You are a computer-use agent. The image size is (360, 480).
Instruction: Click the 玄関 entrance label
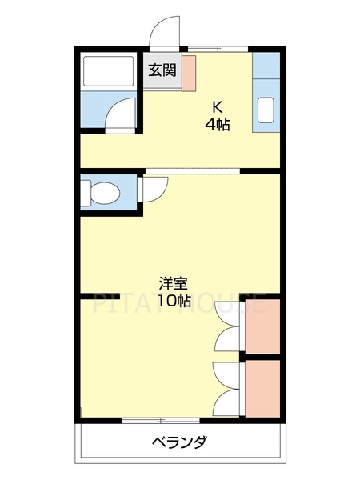click(162, 70)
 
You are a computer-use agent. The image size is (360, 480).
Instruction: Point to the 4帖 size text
click(217, 125)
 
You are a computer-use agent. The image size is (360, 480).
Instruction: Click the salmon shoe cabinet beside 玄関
click(189, 73)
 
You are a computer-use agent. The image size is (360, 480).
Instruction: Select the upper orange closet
click(262, 326)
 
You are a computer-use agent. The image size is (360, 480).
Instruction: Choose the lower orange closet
click(262, 389)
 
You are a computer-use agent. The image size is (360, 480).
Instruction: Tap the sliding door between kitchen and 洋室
click(192, 170)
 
